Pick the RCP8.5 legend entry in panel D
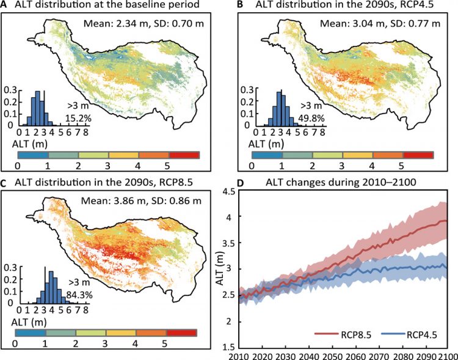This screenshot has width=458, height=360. [337, 334]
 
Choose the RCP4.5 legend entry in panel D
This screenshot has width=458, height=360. [401, 334]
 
